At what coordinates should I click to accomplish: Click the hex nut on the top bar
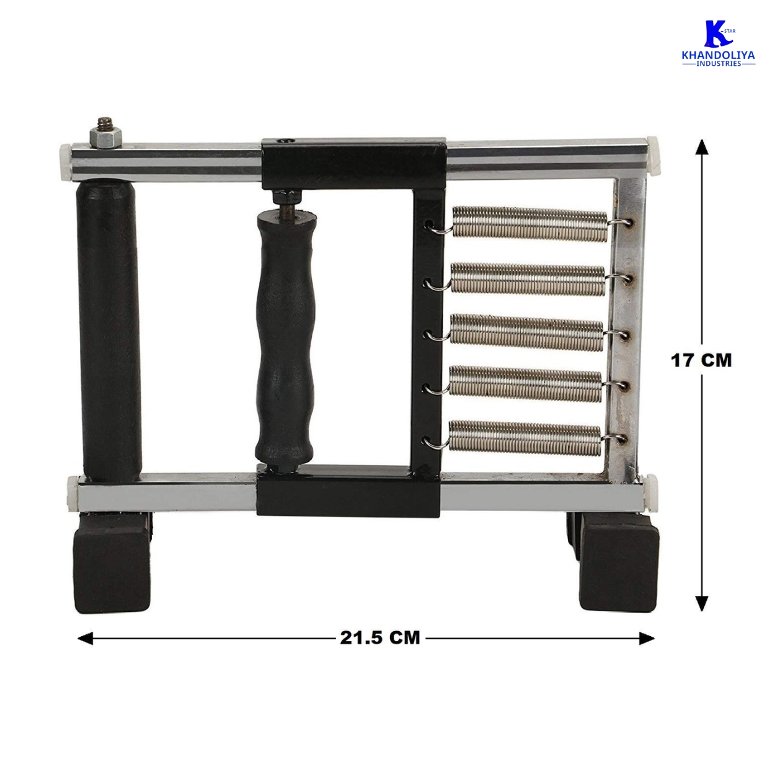[x=104, y=138]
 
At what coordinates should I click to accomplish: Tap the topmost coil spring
[x=530, y=224]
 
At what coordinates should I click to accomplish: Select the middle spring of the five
[x=527, y=332]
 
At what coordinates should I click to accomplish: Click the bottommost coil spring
[x=525, y=438]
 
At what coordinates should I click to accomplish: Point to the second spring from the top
[x=528, y=278]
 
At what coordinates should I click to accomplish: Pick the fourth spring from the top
[x=526, y=384]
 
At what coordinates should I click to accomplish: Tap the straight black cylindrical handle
[x=108, y=329]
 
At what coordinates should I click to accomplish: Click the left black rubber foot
[x=112, y=561]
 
